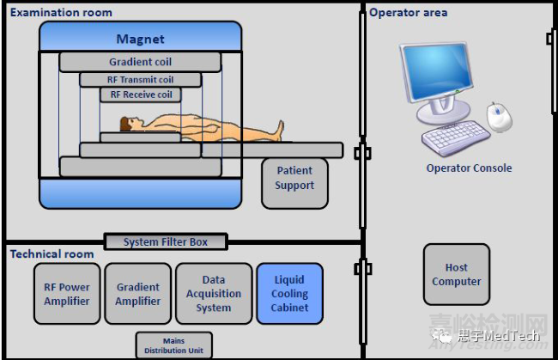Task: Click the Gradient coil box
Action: [140, 62]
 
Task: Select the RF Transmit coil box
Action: [140, 79]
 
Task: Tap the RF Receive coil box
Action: [140, 95]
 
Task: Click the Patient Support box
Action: [294, 179]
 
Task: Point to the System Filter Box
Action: [166, 242]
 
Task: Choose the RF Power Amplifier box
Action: [67, 294]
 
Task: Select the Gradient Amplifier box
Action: [138, 294]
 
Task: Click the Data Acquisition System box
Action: [213, 294]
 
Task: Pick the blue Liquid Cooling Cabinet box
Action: [290, 294]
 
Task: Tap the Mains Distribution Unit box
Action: [173, 345]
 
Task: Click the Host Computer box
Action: [457, 275]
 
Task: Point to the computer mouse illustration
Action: [499, 116]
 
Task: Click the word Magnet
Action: [140, 40]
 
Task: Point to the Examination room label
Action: [61, 13]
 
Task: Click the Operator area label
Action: [409, 13]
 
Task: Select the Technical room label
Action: [52, 254]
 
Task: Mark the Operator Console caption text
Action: [469, 168]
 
